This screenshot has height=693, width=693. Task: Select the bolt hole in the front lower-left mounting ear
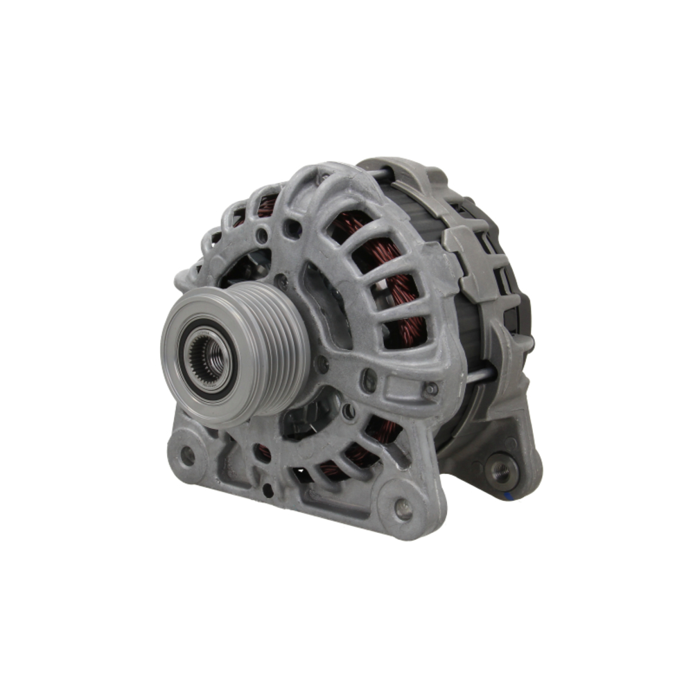[187, 455]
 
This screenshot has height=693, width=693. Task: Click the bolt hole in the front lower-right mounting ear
[403, 509]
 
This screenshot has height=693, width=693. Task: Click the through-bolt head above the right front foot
[431, 389]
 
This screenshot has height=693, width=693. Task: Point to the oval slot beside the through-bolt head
[370, 380]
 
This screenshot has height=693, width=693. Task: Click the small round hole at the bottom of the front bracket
[267, 489]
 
